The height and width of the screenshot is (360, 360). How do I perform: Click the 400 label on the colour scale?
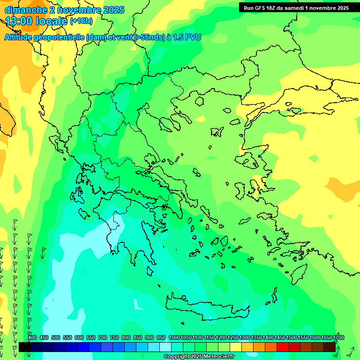click(x=32, y=338)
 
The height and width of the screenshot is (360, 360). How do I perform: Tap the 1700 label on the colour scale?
click(x=338, y=338)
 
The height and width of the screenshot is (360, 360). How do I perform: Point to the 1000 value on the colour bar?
click(x=174, y=338)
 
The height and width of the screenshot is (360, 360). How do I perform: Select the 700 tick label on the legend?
click(x=103, y=338)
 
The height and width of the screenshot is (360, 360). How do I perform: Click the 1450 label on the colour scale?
click(x=280, y=338)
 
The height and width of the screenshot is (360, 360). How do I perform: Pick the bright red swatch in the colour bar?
click(x=283, y=347)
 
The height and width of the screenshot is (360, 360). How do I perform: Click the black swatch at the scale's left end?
click(x=25, y=347)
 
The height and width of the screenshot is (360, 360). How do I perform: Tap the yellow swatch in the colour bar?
click(x=236, y=347)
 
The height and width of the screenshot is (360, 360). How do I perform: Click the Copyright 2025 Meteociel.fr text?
click(x=199, y=357)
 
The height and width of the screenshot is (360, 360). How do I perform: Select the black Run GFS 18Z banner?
click(x=296, y=8)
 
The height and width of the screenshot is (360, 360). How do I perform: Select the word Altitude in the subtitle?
click(x=19, y=37)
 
